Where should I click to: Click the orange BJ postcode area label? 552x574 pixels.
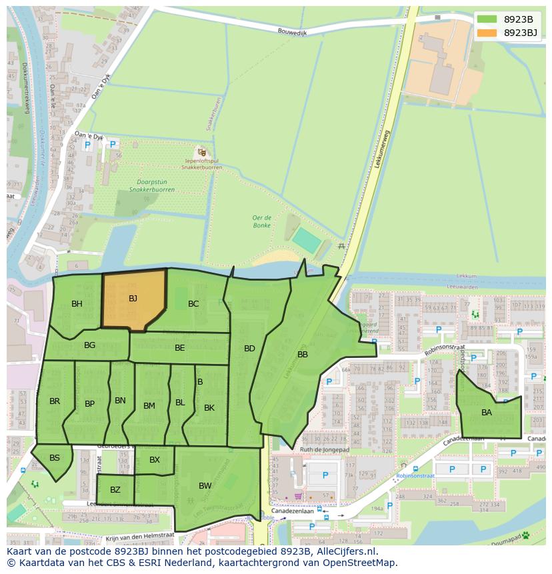tap(133, 299)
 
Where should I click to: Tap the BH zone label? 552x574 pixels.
tap(77, 304)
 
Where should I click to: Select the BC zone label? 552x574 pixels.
tap(193, 304)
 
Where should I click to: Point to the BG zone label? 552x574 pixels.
tap(89, 345)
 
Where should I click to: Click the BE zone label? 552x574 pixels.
tap(179, 348)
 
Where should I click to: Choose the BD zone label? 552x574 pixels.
tap(249, 349)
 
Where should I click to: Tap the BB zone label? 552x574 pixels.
tap(303, 355)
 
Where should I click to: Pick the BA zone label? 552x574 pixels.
tap(487, 413)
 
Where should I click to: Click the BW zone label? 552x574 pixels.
tap(205, 486)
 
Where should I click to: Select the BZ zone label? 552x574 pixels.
tap(115, 490)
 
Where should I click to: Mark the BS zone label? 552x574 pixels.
tap(55, 458)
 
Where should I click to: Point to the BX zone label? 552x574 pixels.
tap(155, 460)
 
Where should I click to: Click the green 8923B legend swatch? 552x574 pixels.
tap(487, 19)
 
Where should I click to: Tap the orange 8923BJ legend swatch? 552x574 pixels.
tap(487, 33)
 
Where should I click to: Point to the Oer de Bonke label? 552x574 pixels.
tap(262, 221)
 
